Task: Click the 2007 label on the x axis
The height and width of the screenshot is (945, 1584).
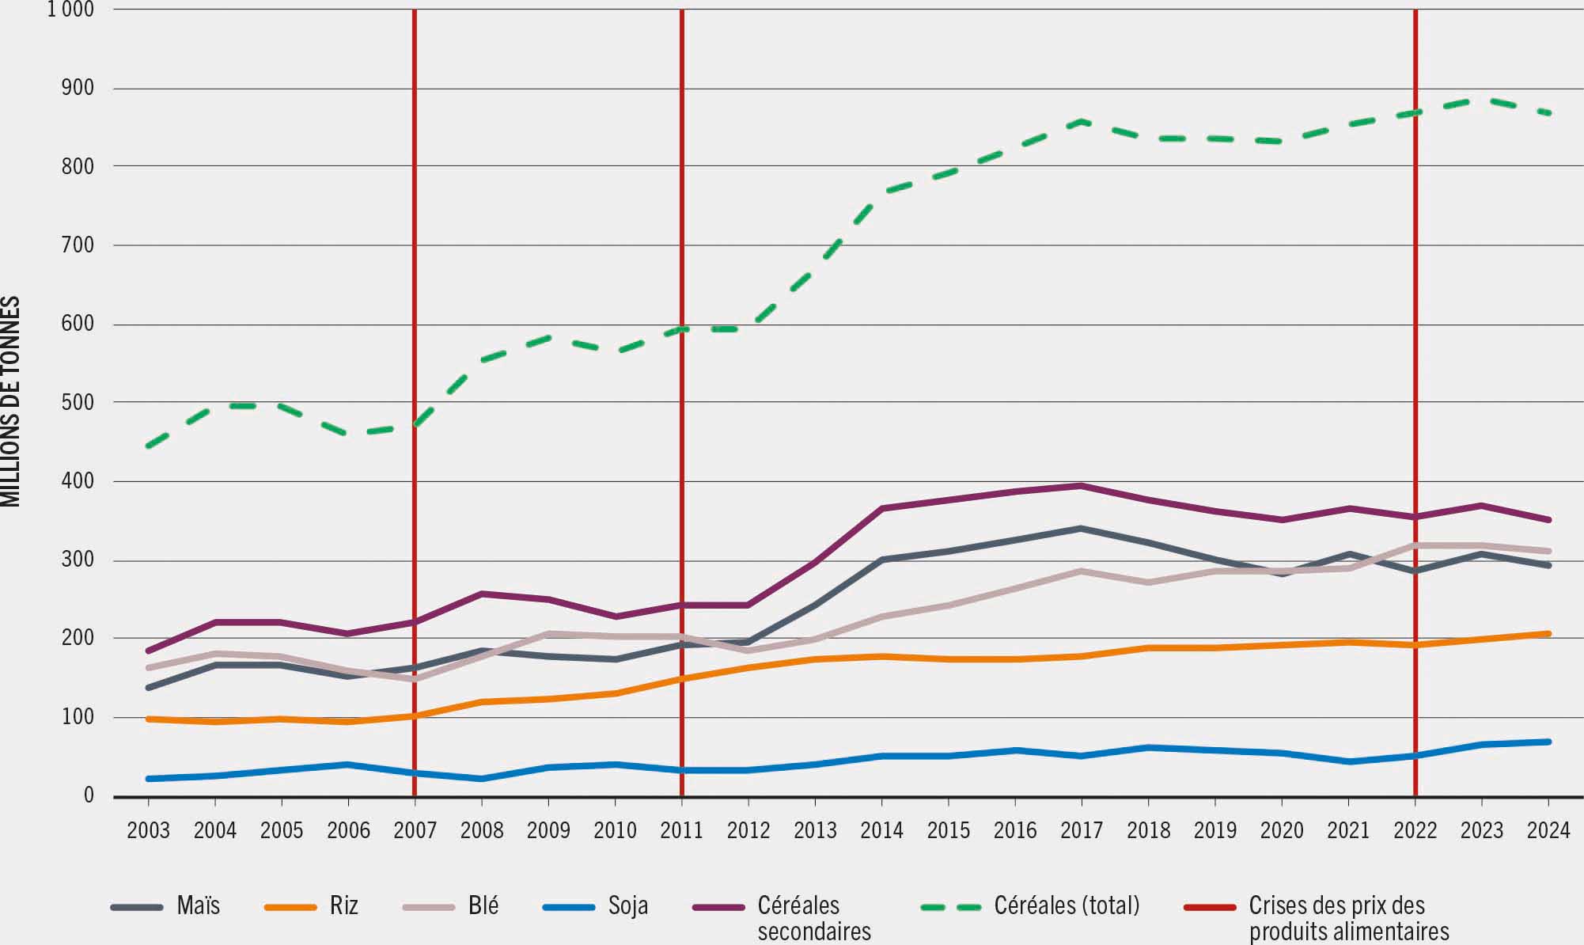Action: pyautogui.click(x=415, y=831)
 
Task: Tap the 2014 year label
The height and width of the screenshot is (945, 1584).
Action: pyautogui.click(x=881, y=831)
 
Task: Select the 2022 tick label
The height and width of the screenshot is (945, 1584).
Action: pyautogui.click(x=1415, y=831)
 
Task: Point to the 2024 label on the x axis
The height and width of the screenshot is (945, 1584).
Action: pyautogui.click(x=1548, y=831)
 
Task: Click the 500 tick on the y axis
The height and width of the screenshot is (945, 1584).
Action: pyautogui.click(x=78, y=403)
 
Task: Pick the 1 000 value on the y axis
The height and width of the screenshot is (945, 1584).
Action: pyautogui.click(x=70, y=9)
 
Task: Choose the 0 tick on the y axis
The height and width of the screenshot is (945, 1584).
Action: pyautogui.click(x=89, y=795)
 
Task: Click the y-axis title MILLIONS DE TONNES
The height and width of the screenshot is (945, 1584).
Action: pyautogui.click(x=11, y=401)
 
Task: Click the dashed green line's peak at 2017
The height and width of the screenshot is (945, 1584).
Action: pyautogui.click(x=1081, y=122)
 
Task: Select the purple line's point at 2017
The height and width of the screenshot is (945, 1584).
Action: pyautogui.click(x=1081, y=486)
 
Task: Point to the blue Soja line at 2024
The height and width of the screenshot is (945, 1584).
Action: pyautogui.click(x=1548, y=742)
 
